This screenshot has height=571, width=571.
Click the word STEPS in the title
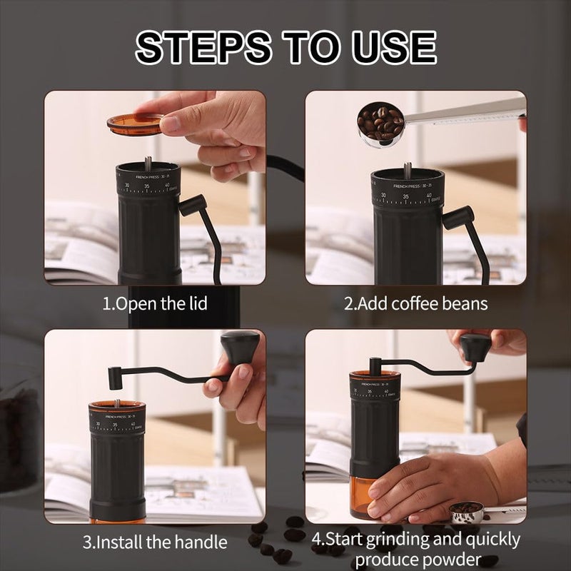click(x=204, y=47)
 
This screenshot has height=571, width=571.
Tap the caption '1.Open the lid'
click(x=155, y=303)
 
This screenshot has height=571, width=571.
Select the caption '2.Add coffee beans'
click(x=416, y=303)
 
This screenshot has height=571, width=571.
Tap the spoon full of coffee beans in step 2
click(x=380, y=124)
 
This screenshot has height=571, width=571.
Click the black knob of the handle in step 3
click(x=238, y=347)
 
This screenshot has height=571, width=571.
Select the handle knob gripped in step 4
click(x=475, y=347)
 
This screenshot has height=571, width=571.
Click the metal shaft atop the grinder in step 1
click(x=148, y=163)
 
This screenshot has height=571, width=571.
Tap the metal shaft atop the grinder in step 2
click(x=408, y=171)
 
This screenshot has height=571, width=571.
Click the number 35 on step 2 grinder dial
click(x=405, y=196)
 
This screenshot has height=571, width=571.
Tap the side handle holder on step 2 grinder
click(x=458, y=217)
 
